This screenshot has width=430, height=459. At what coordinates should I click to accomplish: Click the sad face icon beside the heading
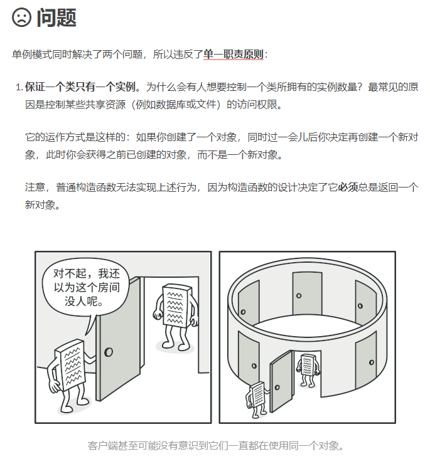[21, 18]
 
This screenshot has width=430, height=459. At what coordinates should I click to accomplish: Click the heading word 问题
[56, 18]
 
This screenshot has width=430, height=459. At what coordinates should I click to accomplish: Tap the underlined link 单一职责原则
[233, 55]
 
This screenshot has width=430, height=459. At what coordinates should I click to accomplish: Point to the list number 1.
[18, 87]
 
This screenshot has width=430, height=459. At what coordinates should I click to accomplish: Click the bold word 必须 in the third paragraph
[348, 187]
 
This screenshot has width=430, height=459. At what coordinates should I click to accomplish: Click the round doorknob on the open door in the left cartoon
[109, 352]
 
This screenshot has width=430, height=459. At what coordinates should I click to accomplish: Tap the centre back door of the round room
[306, 293]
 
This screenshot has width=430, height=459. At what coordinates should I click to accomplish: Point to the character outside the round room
[257, 396]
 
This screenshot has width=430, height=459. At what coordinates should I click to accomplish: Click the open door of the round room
[280, 380]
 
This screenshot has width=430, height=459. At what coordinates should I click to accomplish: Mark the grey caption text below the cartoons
[215, 446]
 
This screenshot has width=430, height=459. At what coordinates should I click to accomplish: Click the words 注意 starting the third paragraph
[35, 187]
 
